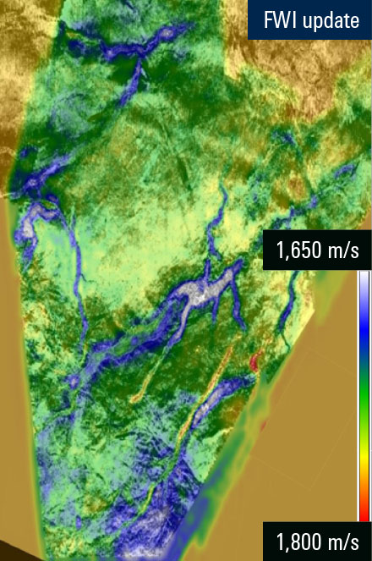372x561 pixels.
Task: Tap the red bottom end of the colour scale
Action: (363, 513)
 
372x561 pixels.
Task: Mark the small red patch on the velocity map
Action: (254, 362)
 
